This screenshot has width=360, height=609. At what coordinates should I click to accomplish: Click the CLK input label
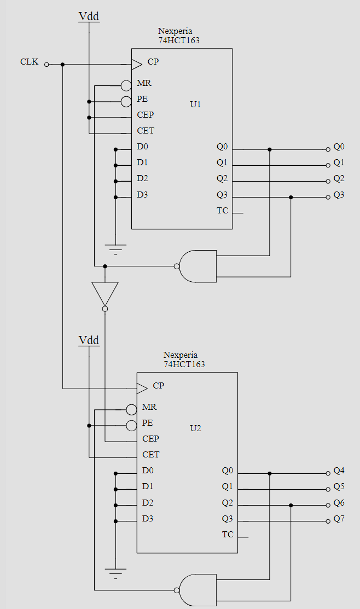pyautogui.click(x=30, y=62)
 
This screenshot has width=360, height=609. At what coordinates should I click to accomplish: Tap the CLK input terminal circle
pyautogui.click(x=47, y=65)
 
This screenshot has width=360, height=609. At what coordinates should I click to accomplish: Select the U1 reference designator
pyautogui.click(x=195, y=104)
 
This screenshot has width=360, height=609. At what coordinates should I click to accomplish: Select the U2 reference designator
pyautogui.click(x=195, y=428)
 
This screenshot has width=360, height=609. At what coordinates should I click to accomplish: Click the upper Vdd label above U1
pyautogui.click(x=89, y=16)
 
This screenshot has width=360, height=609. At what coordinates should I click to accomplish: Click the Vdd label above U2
pyautogui.click(x=89, y=340)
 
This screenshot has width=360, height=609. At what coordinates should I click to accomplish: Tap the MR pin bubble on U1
pyautogui.click(x=126, y=85)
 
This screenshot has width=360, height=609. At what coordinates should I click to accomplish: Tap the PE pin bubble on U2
pyautogui.click(x=131, y=425)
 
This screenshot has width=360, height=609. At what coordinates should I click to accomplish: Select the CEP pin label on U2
pyautogui.click(x=150, y=439)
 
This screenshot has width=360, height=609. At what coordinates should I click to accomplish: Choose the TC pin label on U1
pyautogui.click(x=222, y=212)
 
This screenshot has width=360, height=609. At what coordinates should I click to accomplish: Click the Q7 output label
pyautogui.click(x=339, y=519)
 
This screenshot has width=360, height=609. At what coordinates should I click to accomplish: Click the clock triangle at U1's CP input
pyautogui.click(x=136, y=65)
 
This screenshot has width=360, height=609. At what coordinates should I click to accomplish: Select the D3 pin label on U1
pyautogui.click(x=142, y=195)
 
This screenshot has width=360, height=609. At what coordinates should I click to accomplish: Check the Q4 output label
pyautogui.click(x=339, y=471)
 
